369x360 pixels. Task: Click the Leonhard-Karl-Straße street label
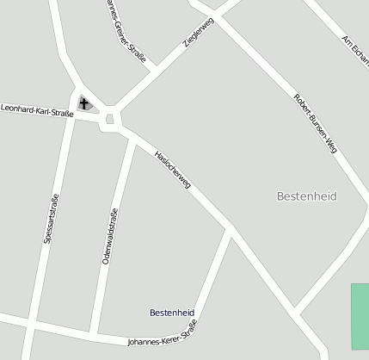pyautogui.click(x=37, y=111)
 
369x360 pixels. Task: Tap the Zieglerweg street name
pyautogui.click(x=198, y=31)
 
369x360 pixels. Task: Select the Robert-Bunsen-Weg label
pyautogui.click(x=315, y=123)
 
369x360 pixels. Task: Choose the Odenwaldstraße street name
pyautogui.click(x=110, y=235)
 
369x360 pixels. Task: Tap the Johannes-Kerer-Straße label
pyautogui.click(x=162, y=337)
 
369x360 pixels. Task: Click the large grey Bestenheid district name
pyautogui.click(x=305, y=196)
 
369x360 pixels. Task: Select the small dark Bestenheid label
pyautogui.click(x=172, y=312)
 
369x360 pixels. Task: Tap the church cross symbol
pyautogui.click(x=84, y=104)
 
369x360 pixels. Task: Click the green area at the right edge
pyautogui.click(x=360, y=315)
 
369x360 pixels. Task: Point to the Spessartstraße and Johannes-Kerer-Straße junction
pyautogui.click(x=31, y=324)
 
